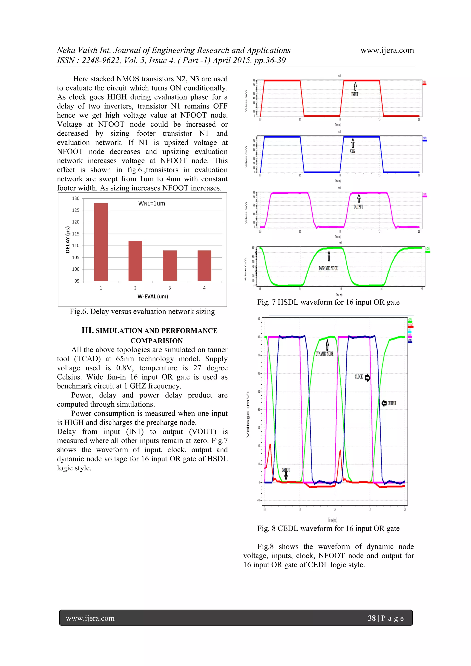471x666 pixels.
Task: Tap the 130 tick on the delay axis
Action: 76,198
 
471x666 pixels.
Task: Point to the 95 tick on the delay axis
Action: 77,281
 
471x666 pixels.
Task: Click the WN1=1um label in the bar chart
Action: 152,203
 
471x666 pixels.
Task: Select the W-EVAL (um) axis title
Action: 153,297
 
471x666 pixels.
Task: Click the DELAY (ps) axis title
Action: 68,240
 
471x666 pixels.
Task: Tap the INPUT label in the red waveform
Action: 355,94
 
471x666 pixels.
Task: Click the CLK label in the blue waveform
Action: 353,151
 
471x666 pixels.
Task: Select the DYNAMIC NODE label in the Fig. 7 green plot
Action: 328,269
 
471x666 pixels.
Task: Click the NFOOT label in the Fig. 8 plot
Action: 286,470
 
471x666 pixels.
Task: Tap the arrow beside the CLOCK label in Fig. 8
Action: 368,378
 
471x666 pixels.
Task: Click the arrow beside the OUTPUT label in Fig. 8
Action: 384,403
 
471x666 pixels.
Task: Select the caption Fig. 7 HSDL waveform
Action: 328,302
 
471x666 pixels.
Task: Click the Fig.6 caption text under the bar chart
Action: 142,312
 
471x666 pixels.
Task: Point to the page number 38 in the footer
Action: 371,618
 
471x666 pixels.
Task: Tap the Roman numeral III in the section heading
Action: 87,330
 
